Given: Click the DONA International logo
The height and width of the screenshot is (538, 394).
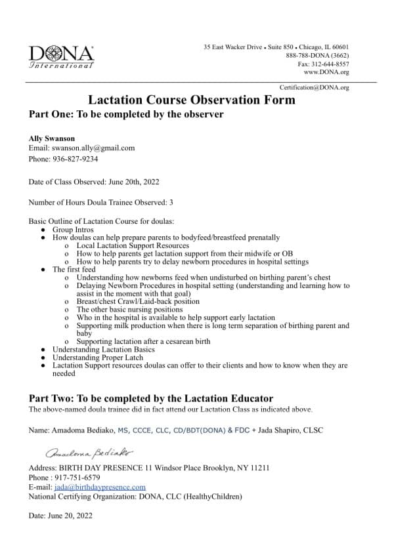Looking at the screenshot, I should pyautogui.click(x=62, y=56).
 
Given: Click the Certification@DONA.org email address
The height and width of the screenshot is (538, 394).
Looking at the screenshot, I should pyautogui.click(x=314, y=87).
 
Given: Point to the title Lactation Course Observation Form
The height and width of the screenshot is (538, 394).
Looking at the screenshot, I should pyautogui.click(x=192, y=100).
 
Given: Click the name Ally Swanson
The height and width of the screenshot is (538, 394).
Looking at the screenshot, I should pyautogui.click(x=52, y=139).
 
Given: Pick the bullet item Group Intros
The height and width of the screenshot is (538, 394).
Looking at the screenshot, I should pyautogui.click(x=72, y=230).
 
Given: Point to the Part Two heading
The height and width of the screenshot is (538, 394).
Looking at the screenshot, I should pyautogui.click(x=151, y=398).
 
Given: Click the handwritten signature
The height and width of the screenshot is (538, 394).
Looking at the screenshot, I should pyautogui.click(x=89, y=453).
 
